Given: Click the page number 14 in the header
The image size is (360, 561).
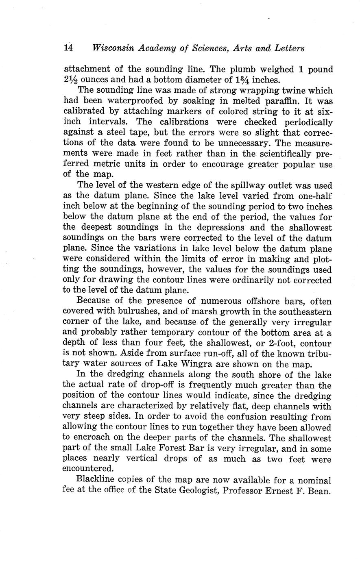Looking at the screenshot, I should pos(68,48).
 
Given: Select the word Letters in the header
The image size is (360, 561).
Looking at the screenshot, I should pos(290,48).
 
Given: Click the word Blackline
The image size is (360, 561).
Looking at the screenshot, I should pos(96,481).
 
